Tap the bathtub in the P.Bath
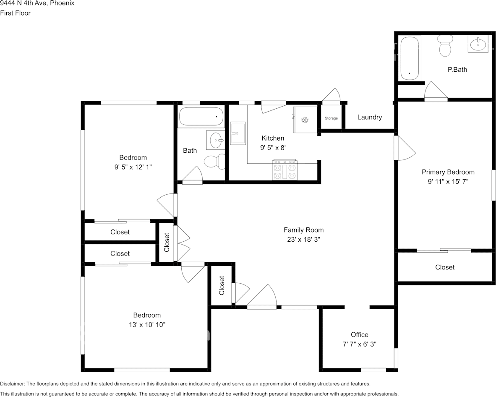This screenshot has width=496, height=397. tap(410, 58)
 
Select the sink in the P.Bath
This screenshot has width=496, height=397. tap(478, 44)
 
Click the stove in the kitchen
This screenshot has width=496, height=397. tap(285, 170)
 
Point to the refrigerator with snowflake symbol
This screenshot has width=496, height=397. tap(305, 120)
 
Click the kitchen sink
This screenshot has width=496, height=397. tap(238, 133)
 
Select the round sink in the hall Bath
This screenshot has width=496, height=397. tap(216, 139)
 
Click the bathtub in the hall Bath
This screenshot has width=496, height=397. tap(201, 116)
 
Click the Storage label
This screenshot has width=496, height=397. tap(331, 118)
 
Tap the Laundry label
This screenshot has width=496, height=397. tap(369, 117)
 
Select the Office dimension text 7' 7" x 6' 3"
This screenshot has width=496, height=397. tap(359, 344)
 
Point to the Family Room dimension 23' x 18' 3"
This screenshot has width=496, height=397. tap(303, 240)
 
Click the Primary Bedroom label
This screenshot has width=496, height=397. tap(448, 172)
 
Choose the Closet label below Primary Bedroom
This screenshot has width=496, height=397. tap(444, 267)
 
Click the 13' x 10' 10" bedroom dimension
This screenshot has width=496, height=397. tap(147, 325)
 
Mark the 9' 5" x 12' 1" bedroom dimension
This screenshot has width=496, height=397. tap(133, 167)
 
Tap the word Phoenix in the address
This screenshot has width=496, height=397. tap(63, 3)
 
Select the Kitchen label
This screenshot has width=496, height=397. tap(273, 138)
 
